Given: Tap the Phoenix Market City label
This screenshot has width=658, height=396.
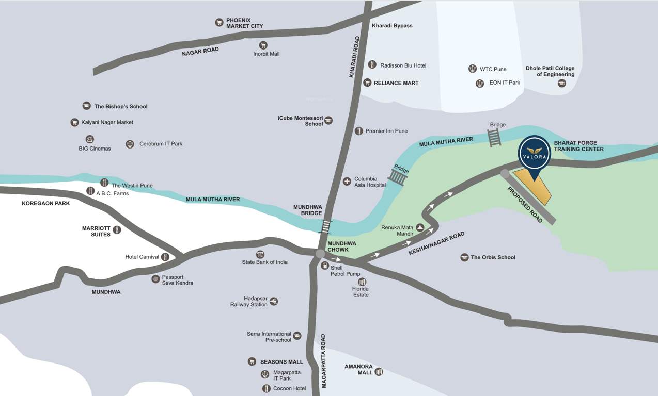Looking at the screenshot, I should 244,23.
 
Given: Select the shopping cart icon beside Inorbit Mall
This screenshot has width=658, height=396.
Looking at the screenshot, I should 263,45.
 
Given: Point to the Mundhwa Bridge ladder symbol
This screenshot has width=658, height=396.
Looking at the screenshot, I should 326,227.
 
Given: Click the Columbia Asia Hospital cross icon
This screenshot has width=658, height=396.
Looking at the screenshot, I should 347,181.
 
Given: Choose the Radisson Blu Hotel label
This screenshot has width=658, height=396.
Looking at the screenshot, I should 403,65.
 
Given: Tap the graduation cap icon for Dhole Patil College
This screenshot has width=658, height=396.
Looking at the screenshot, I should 562,84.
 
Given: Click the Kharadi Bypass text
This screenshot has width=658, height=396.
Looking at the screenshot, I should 392,26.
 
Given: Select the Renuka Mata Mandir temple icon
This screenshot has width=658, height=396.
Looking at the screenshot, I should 420,227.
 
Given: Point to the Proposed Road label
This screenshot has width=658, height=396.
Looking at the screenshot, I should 525,205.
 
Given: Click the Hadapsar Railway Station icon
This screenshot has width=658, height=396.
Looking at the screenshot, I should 274,301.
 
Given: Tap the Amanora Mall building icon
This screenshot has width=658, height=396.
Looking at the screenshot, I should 379,372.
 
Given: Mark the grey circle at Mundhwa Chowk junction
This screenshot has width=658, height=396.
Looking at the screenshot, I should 320,254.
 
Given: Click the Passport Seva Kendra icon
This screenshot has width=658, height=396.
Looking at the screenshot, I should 155,279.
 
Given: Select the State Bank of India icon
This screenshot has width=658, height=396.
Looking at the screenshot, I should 260,254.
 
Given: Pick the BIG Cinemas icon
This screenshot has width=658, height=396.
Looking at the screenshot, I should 89,140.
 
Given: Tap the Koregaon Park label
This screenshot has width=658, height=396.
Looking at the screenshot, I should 45,204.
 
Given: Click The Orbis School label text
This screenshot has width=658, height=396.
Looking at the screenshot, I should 493,257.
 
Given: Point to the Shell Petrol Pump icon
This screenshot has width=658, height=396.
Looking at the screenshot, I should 325,266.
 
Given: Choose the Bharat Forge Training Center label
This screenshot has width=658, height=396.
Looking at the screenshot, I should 578,145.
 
